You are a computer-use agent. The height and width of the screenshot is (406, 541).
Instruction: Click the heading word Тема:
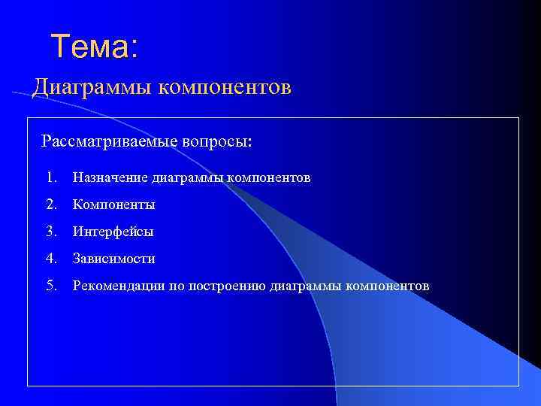(x=95, y=47)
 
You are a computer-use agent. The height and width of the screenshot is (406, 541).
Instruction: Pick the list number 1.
(x=50, y=178)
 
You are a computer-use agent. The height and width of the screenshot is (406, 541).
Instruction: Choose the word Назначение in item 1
(x=110, y=178)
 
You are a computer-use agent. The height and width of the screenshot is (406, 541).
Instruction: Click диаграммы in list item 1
(x=187, y=178)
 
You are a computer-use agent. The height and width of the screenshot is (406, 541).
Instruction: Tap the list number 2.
(x=50, y=205)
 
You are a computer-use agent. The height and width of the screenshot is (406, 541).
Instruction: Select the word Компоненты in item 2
(x=113, y=205)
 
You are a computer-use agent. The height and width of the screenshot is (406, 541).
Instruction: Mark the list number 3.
(x=50, y=232)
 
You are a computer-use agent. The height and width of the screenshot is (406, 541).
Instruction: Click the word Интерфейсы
(x=113, y=232)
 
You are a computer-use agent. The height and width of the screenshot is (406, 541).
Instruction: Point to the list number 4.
(x=50, y=259)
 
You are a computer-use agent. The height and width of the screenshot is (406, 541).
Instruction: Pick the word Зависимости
(x=113, y=259)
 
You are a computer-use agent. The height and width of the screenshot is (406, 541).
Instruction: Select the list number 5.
(x=50, y=286)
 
